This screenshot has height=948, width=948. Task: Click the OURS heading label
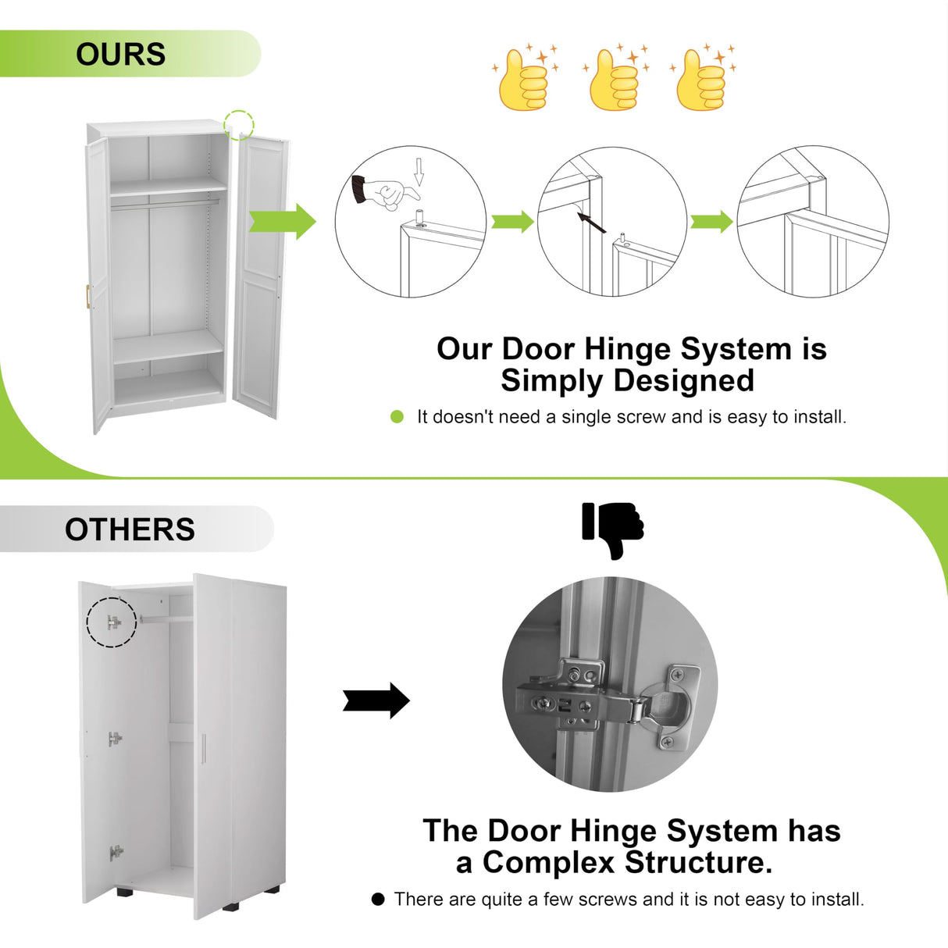(120, 55)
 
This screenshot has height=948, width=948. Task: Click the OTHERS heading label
(130, 529)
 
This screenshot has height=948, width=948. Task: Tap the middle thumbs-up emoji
(615, 79)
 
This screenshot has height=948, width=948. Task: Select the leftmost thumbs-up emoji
(523, 79)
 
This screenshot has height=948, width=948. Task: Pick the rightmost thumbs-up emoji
(702, 79)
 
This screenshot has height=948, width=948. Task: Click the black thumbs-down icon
(613, 529)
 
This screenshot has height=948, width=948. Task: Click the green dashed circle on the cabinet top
(239, 125)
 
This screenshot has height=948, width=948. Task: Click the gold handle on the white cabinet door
(88, 297)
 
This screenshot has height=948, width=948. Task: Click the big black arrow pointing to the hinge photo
(376, 700)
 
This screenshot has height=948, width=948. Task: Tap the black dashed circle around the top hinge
(111, 622)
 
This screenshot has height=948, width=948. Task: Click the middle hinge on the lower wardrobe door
(115, 738)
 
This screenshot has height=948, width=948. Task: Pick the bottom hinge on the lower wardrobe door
(116, 853)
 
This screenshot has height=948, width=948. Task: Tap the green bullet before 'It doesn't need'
(397, 417)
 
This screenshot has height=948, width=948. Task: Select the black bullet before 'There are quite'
(378, 900)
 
